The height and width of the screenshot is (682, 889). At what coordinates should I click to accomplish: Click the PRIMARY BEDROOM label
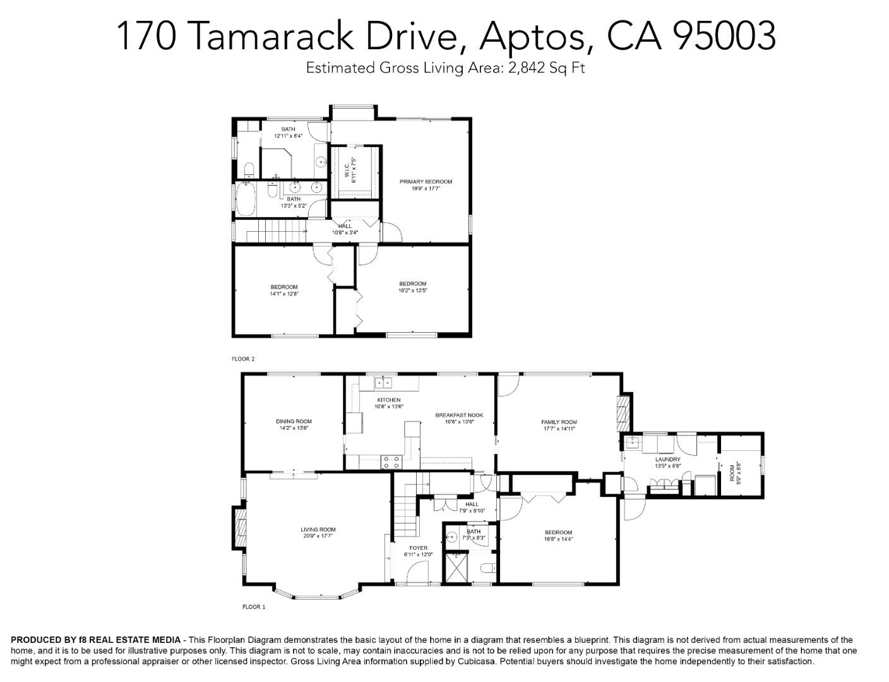(426, 182)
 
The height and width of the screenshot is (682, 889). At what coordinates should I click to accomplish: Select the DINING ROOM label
(294, 421)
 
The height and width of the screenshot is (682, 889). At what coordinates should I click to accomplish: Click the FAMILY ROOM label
(559, 422)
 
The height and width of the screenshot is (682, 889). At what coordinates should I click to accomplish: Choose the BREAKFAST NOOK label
(459, 415)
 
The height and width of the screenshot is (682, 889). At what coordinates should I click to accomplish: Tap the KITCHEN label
(389, 400)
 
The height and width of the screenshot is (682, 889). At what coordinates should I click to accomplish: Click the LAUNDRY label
(667, 459)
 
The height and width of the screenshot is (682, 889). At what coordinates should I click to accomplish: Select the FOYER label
(418, 548)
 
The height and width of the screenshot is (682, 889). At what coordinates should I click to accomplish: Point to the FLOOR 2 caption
(243, 359)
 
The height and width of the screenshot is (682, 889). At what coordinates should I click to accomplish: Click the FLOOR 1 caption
(254, 607)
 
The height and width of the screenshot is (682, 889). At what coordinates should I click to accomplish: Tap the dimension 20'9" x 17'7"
(318, 536)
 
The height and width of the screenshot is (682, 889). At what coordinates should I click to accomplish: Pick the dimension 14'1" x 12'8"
(284, 294)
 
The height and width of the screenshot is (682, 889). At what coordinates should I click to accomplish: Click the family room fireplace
(623, 409)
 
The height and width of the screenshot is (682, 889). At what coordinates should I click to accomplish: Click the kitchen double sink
(383, 382)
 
